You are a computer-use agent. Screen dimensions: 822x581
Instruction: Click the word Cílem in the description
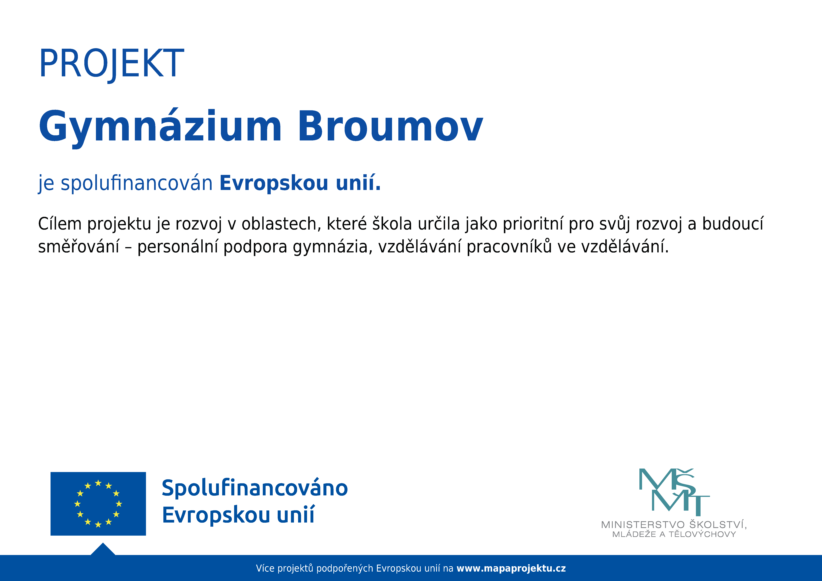tap(60, 224)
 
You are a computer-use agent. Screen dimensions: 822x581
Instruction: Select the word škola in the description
tap(392, 224)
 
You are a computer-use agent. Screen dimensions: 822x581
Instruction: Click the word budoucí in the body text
tap(733, 224)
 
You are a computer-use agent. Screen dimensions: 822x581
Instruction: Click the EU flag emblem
tap(98, 504)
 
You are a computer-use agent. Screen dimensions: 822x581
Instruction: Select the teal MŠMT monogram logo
tap(674, 490)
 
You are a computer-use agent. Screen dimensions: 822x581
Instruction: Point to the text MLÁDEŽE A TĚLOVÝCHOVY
tap(674, 534)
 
